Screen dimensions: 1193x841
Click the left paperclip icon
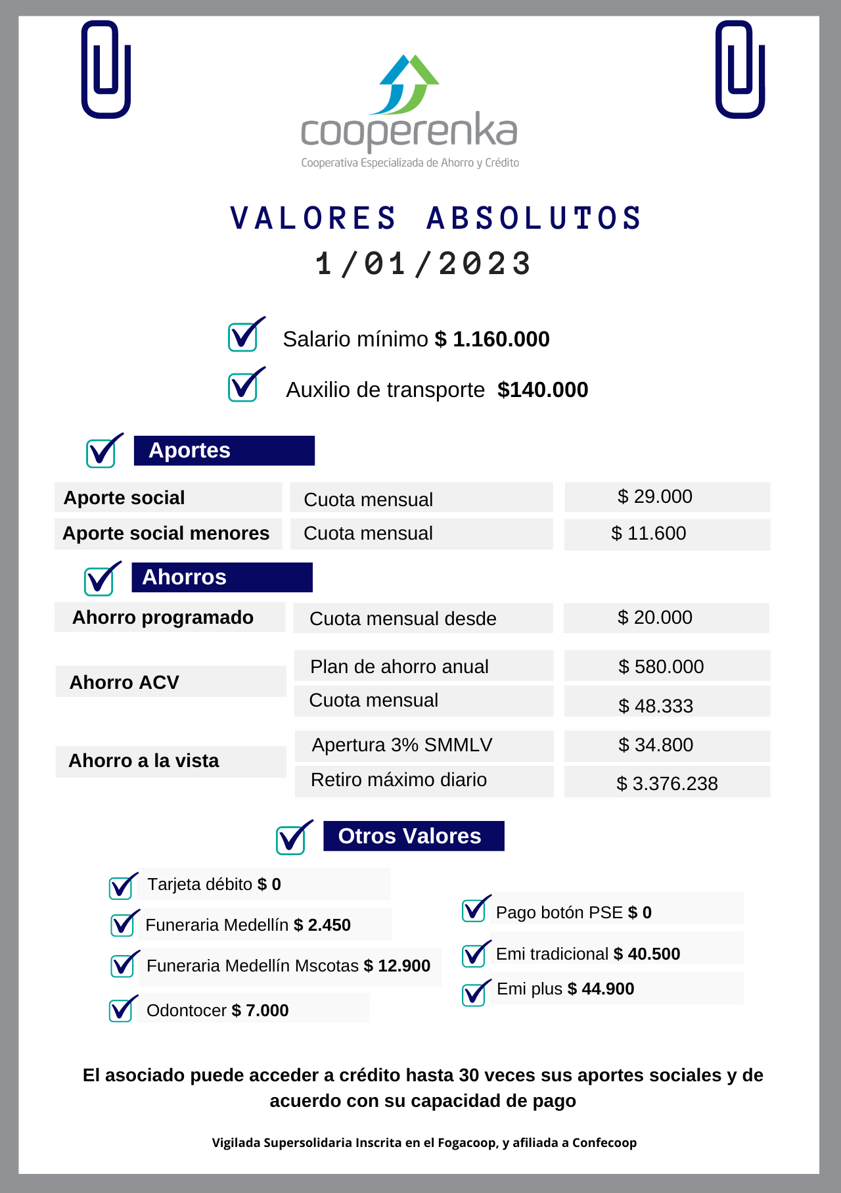click(x=106, y=70)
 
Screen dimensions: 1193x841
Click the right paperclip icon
click(x=740, y=70)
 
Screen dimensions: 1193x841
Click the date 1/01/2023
click(x=423, y=264)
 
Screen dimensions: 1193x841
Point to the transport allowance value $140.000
click(x=543, y=390)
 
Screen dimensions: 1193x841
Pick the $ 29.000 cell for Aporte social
click(x=666, y=497)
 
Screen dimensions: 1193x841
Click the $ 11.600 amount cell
click(x=666, y=534)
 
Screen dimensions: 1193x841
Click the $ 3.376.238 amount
click(x=667, y=784)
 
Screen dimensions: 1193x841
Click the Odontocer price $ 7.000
click(x=260, y=1010)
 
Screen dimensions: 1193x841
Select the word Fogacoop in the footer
click(x=468, y=1142)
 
